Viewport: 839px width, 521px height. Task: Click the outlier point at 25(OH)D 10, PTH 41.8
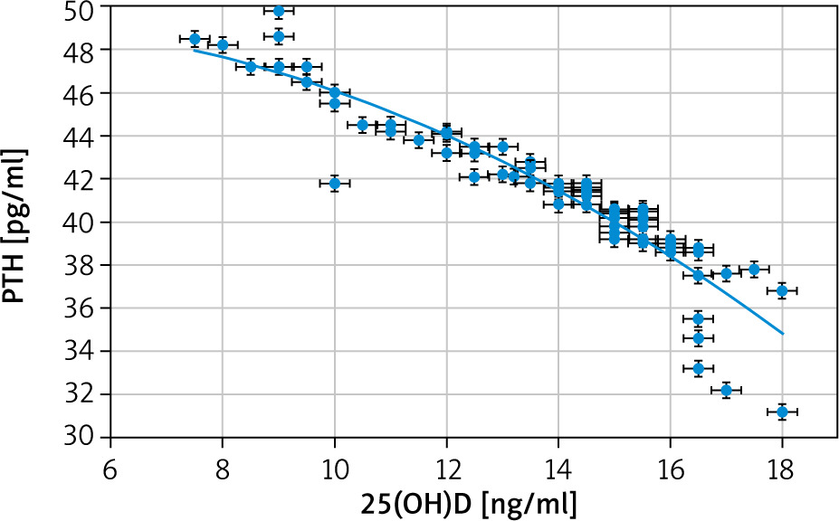[x=335, y=184]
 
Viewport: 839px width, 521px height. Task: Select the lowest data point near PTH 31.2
[x=782, y=412]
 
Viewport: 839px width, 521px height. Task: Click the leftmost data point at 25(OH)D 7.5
[x=195, y=39]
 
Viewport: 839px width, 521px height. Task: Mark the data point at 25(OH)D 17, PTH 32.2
[x=726, y=390]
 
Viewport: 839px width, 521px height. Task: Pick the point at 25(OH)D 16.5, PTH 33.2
[x=698, y=368]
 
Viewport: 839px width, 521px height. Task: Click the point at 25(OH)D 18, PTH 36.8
[x=782, y=290]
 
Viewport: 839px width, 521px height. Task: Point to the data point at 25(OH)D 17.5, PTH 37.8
[x=754, y=270]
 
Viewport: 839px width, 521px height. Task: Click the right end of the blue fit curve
[x=782, y=334]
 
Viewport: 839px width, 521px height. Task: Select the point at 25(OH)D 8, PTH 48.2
[x=223, y=45]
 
